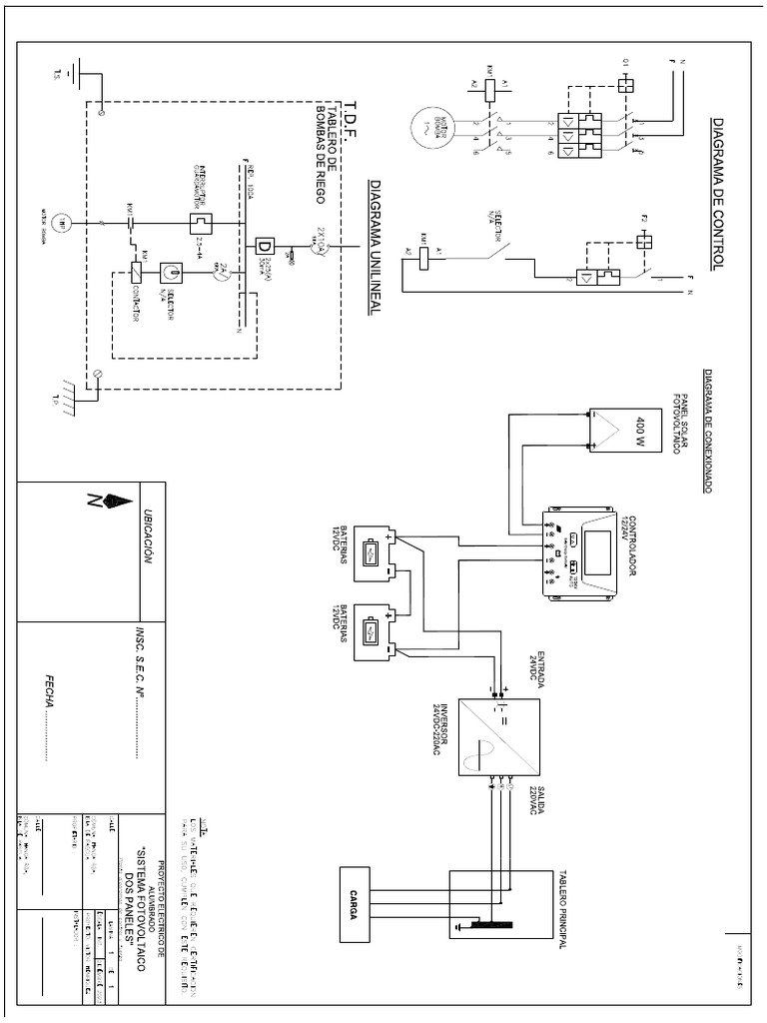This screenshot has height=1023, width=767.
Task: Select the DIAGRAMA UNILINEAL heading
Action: coord(376,249)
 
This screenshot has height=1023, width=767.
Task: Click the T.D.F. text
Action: coord(350,120)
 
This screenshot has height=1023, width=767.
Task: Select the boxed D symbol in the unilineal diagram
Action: coord(266,246)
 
